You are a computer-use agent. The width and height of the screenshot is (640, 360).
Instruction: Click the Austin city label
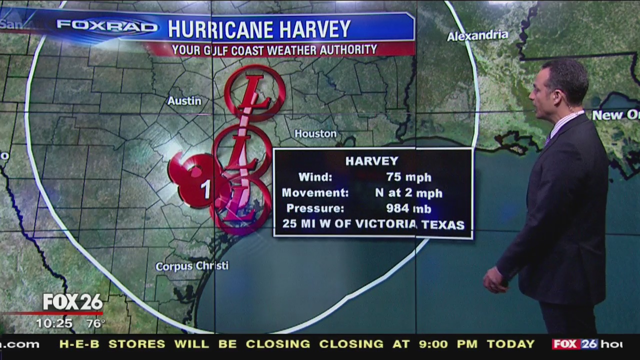coord(184,100)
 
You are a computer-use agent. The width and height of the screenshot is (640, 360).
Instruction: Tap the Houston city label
coord(315,133)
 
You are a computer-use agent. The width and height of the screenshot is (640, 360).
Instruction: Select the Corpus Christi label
coord(191,266)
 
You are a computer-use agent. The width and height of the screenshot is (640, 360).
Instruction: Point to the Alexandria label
coord(477,35)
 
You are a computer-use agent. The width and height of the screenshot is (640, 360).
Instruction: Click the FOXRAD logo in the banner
coord(107,26)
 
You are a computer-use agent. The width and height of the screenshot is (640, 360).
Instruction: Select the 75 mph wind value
coord(408,177)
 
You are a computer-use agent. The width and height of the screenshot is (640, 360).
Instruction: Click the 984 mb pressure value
coord(408,208)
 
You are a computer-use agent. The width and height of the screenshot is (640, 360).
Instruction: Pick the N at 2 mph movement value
coord(408,193)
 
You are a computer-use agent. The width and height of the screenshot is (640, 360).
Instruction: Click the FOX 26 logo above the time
coord(72,302)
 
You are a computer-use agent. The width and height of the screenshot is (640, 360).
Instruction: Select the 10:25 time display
coord(54,323)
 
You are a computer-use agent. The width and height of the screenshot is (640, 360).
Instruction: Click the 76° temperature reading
coord(95,323)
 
